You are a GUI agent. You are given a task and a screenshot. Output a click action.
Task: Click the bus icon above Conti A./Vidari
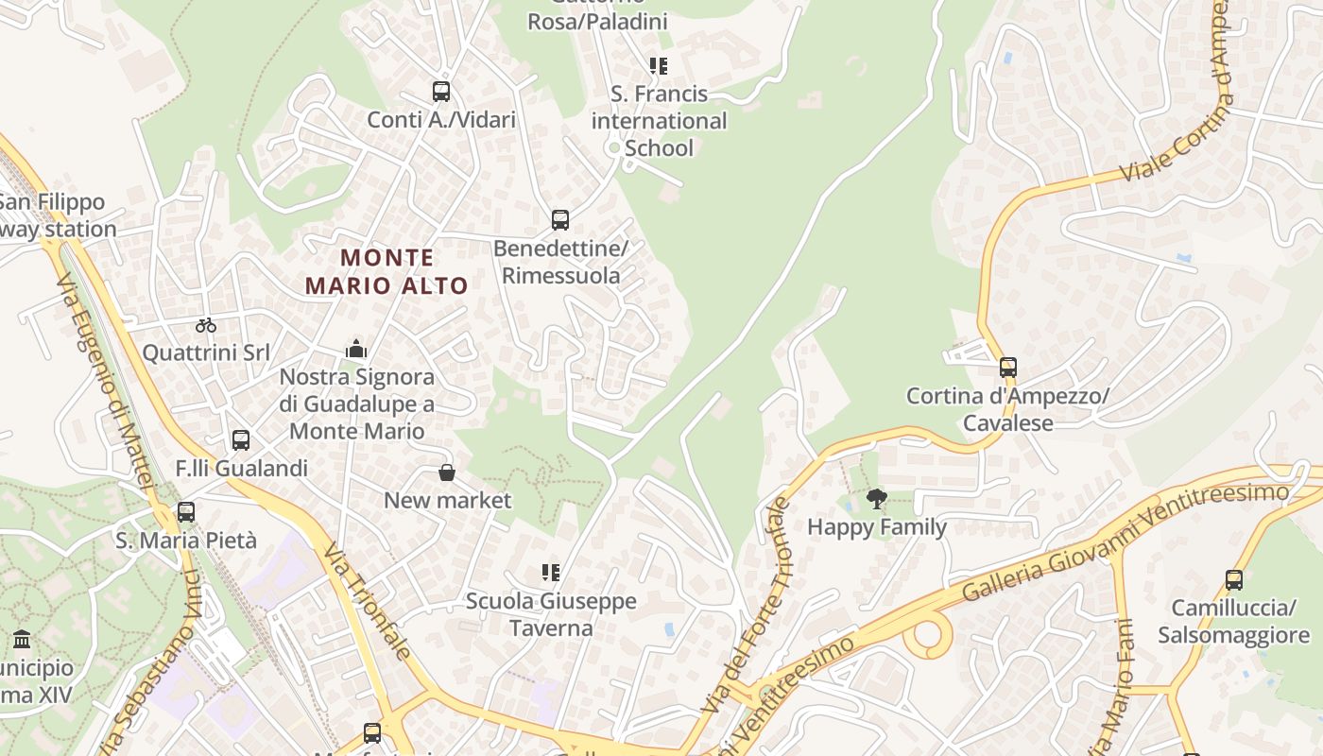tap(441, 92)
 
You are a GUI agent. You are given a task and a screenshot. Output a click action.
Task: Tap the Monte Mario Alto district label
tap(387, 271)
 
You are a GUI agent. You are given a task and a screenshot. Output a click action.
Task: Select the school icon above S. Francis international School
tap(658, 66)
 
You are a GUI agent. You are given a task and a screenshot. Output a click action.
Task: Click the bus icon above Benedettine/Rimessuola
tap(560, 220)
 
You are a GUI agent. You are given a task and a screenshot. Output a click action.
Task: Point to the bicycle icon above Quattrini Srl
tap(206, 325)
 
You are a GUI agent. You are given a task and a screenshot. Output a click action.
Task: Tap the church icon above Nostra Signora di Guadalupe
tap(356, 349)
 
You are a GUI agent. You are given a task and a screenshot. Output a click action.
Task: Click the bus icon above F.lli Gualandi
tap(241, 439)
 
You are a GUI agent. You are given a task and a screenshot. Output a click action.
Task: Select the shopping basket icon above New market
tap(447, 472)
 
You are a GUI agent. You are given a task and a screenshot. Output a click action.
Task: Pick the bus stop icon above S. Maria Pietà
tap(186, 512)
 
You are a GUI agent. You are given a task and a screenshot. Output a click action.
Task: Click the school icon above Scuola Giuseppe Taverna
tap(551, 573)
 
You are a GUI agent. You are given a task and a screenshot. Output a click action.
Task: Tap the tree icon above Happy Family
tap(877, 498)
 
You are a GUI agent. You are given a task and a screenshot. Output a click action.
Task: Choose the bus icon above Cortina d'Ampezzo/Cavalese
tap(1008, 368)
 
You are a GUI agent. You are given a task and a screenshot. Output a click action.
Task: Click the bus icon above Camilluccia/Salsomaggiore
tap(1234, 579)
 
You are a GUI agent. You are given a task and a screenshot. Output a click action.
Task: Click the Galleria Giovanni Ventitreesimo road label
tap(1125, 541)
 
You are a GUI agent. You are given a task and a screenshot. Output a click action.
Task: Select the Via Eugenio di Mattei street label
tap(104, 378)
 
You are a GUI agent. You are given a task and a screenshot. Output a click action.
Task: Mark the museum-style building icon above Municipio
tap(22, 640)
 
